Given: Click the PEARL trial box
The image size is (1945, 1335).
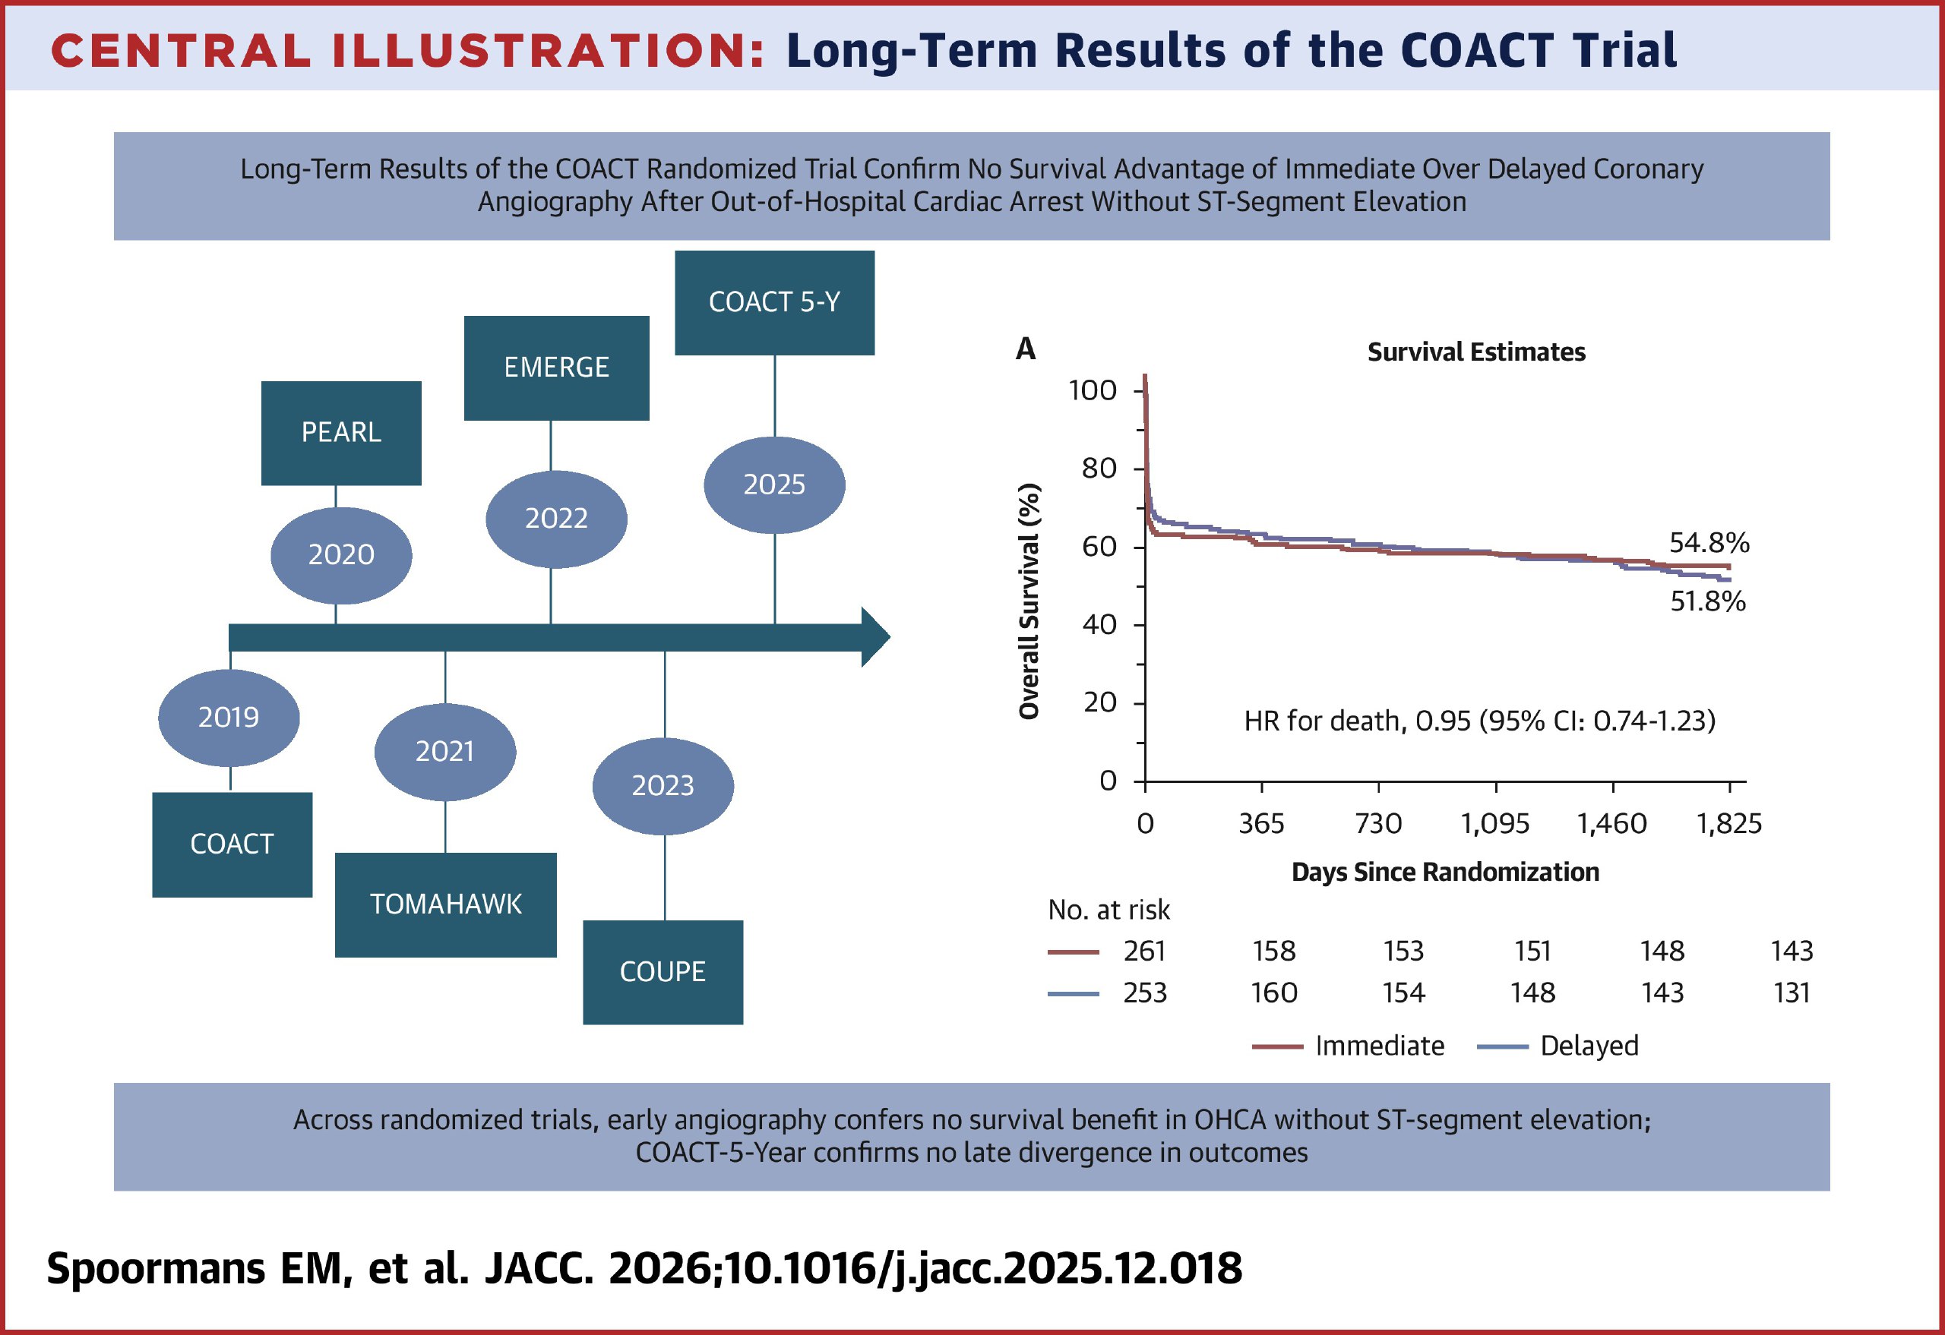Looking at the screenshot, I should [340, 432].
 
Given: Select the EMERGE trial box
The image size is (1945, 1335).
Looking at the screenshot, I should [557, 368].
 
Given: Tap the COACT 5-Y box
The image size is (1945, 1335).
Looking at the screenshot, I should [774, 302].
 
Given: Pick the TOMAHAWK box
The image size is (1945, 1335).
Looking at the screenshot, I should [445, 904].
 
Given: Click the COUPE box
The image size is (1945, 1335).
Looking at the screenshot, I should [662, 972].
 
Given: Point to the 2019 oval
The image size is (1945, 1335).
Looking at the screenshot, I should [229, 718].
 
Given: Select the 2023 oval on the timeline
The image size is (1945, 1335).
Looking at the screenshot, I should [662, 785].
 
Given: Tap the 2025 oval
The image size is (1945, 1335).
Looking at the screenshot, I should [774, 484].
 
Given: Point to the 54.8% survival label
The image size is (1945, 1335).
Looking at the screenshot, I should [1709, 543].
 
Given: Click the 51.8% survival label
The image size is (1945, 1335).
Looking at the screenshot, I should [1707, 601].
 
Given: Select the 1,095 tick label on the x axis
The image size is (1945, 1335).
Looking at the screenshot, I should [1494, 824].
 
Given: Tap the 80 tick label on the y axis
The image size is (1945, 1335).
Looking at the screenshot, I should [1099, 469].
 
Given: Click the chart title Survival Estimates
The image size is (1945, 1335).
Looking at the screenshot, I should [1475, 352].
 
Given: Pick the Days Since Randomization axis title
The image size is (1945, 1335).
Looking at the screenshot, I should [1444, 873].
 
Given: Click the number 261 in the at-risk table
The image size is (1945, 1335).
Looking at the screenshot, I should [1144, 951].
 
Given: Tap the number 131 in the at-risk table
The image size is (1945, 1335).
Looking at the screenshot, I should [1791, 993].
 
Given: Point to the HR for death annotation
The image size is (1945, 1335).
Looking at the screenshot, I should [1479, 721].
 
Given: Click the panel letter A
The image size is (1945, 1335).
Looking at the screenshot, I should [1025, 349].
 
